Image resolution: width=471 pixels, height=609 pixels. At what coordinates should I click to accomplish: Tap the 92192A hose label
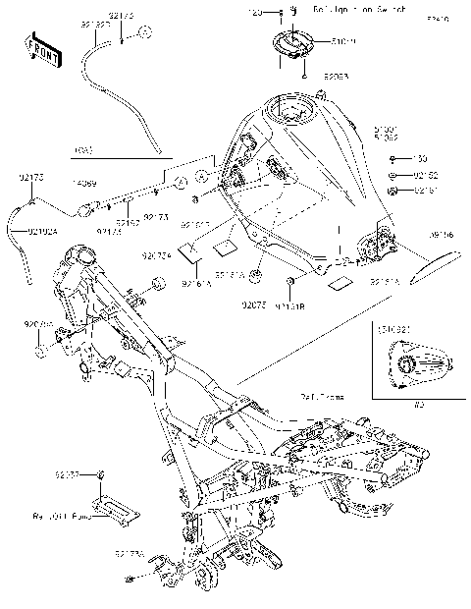coord(42,231)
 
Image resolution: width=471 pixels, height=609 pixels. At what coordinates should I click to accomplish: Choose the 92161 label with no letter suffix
coord(427,190)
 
